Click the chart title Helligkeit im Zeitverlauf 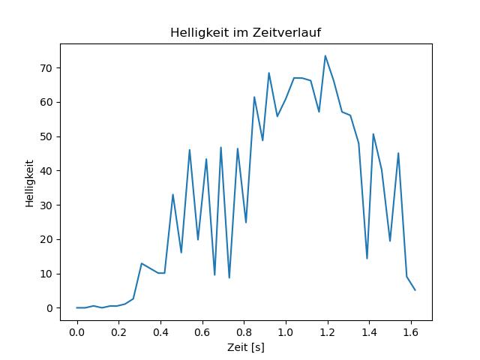coord(245,32)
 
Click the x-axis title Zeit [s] coord(246,347)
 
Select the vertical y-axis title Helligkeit coord(29,183)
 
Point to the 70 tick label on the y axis coord(46,68)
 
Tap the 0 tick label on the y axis coord(49,308)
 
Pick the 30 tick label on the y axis coord(46,205)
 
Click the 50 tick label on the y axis coord(46,136)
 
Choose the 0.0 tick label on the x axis coord(76,332)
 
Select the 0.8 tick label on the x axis coord(244,332)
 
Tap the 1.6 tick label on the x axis coord(411,332)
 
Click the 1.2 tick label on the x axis coord(328,332)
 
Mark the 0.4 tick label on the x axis coord(160,332)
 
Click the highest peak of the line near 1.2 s coord(325,55)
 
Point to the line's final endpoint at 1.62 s coord(415,290)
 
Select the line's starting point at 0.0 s coord(76,307)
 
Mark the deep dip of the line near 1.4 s coord(367,259)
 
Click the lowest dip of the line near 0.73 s coord(229,278)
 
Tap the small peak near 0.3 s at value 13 coord(142,263)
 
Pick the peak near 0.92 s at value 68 coord(269,73)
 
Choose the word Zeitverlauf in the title coord(286,32)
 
